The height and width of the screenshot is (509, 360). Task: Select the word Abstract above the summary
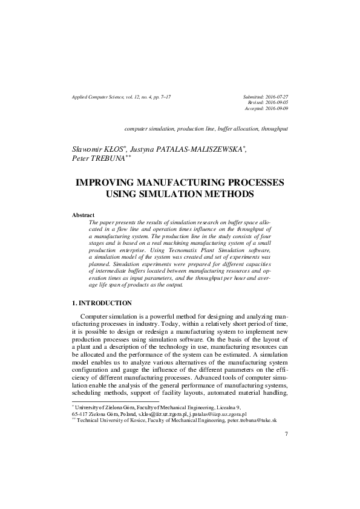(83, 215)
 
